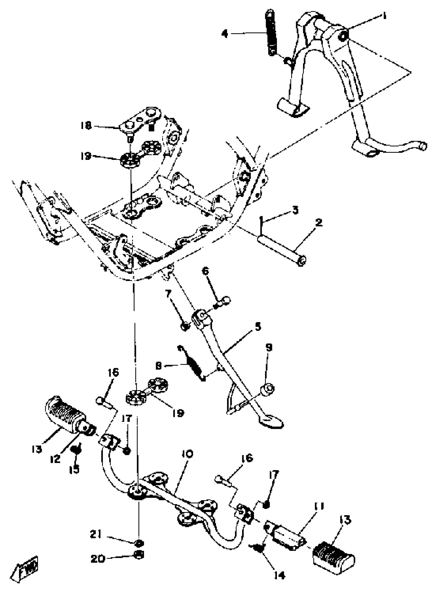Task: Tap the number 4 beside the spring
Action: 225,34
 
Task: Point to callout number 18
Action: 86,126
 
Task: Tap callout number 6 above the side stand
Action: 206,271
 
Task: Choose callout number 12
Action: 56,459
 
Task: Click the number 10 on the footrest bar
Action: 188,454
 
